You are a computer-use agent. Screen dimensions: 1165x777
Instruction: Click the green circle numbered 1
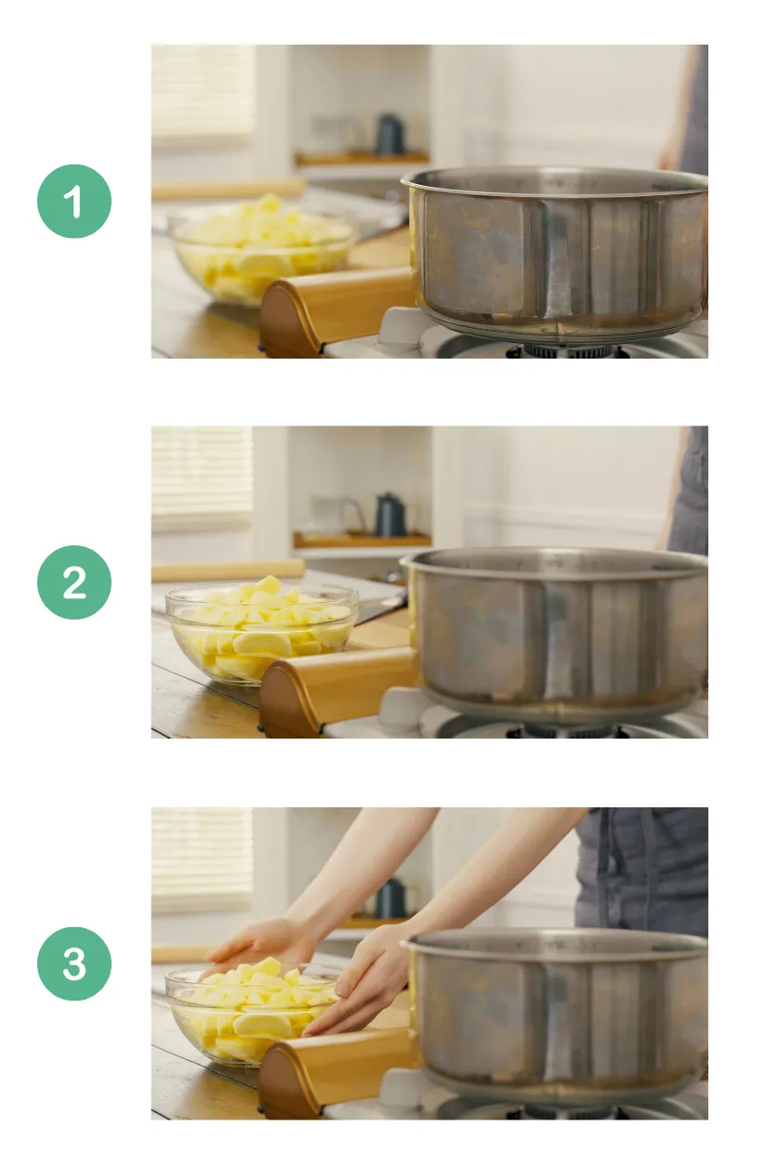tap(74, 202)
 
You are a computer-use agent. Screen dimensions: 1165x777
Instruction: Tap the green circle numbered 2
tap(74, 582)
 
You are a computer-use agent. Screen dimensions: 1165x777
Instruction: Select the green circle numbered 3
tap(74, 963)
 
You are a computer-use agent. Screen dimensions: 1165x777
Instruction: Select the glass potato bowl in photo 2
tap(260, 632)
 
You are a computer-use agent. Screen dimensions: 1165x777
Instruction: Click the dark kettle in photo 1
tap(388, 136)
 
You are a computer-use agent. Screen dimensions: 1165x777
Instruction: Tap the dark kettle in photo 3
tap(390, 898)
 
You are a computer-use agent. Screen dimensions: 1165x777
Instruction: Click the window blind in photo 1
tap(203, 93)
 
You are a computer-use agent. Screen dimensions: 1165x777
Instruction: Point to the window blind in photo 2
tap(203, 478)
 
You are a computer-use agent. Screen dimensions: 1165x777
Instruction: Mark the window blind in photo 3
tap(203, 859)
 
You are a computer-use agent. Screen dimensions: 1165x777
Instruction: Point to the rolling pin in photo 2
tap(228, 569)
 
